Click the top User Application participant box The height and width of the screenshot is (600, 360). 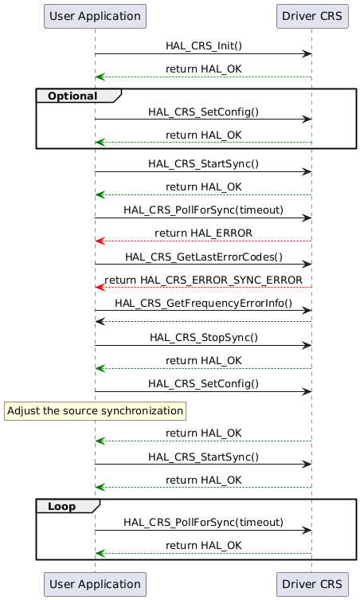pyautogui.click(x=95, y=15)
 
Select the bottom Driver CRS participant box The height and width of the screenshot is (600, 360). pyautogui.click(x=311, y=584)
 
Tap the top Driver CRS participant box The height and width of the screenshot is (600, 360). pyautogui.click(x=311, y=15)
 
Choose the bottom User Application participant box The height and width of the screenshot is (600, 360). pyautogui.click(x=95, y=584)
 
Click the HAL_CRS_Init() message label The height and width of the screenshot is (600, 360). pyautogui.click(x=203, y=46)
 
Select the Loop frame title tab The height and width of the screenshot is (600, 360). pyautogui.click(x=66, y=506)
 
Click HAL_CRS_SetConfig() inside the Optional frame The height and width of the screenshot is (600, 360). pyautogui.click(x=203, y=112)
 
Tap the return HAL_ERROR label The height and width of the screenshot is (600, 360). pyautogui.click(x=203, y=233)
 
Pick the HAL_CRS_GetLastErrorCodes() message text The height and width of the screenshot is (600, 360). pyautogui.click(x=203, y=256)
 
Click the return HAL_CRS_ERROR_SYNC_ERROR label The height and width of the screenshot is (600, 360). pyautogui.click(x=203, y=280)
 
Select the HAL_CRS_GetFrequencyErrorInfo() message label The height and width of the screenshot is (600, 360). pyautogui.click(x=203, y=304)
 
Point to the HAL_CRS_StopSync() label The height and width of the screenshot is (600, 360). pyautogui.click(x=203, y=337)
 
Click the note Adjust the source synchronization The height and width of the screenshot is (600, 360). pyautogui.click(x=95, y=410)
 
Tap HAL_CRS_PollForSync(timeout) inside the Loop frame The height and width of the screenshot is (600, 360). pyautogui.click(x=203, y=522)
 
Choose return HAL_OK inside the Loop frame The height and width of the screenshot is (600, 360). pyautogui.click(x=203, y=545)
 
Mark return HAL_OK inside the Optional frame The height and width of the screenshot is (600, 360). pyautogui.click(x=203, y=135)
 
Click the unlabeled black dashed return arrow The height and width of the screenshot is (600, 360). pyautogui.click(x=203, y=321)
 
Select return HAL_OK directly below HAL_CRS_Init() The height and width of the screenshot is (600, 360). pyautogui.click(x=203, y=69)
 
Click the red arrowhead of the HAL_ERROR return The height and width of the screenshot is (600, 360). pyautogui.click(x=99, y=240)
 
